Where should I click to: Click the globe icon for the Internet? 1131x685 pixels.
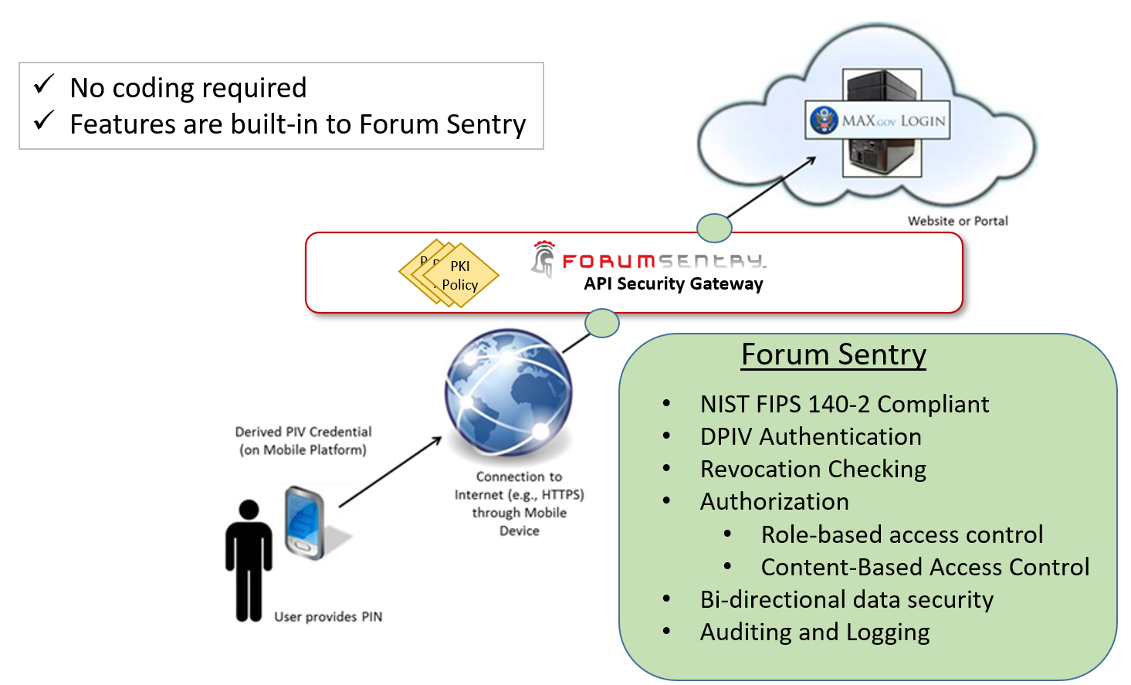[509, 392]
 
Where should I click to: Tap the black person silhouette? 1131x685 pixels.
[249, 560]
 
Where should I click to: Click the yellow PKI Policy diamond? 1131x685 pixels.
[461, 275]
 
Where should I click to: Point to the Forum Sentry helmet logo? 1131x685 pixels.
[543, 259]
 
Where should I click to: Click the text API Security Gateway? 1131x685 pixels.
[673, 284]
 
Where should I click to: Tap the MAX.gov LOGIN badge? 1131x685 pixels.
[878, 120]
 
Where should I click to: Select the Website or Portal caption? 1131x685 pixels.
[957, 221]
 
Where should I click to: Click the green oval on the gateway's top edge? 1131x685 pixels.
[714, 228]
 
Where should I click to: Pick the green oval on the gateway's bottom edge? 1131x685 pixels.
[602, 323]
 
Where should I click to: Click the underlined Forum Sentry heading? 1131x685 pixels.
[833, 354]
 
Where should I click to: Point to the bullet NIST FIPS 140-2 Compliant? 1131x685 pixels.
[844, 404]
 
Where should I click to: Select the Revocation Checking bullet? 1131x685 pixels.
[813, 469]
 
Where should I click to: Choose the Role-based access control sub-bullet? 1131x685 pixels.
[902, 534]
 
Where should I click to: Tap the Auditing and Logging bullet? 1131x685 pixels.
[814, 632]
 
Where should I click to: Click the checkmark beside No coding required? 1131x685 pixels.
[44, 84]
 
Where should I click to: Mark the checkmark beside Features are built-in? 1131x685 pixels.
[44, 120]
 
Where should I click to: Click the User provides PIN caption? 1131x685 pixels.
[328, 616]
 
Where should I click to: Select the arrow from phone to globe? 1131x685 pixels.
[390, 472]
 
